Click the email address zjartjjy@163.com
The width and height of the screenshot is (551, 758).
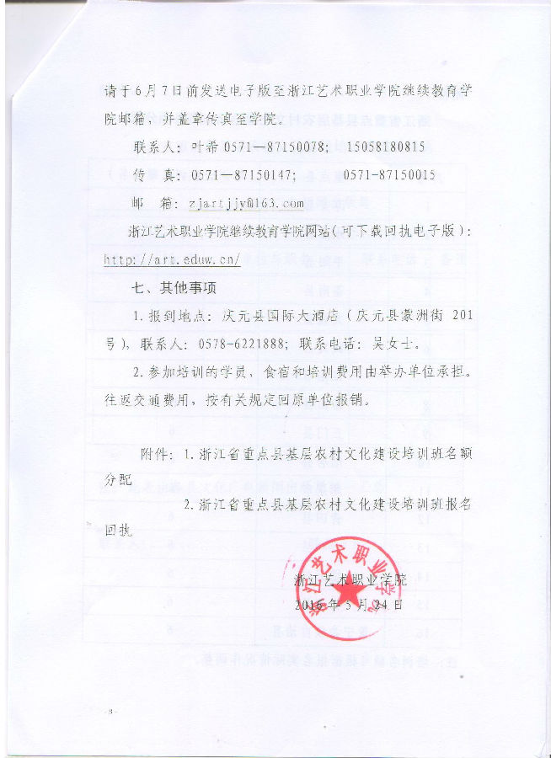coord(246,204)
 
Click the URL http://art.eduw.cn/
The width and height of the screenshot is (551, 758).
coord(172,259)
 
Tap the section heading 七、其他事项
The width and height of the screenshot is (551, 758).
coord(174,287)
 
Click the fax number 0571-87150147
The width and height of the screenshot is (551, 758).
coord(243,175)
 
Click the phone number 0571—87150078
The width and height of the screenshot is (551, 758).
coord(275,147)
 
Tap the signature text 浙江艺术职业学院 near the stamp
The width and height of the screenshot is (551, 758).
coord(350,579)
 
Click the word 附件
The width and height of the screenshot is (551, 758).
coord(155,454)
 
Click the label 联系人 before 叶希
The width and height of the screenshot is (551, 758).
coord(156,147)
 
